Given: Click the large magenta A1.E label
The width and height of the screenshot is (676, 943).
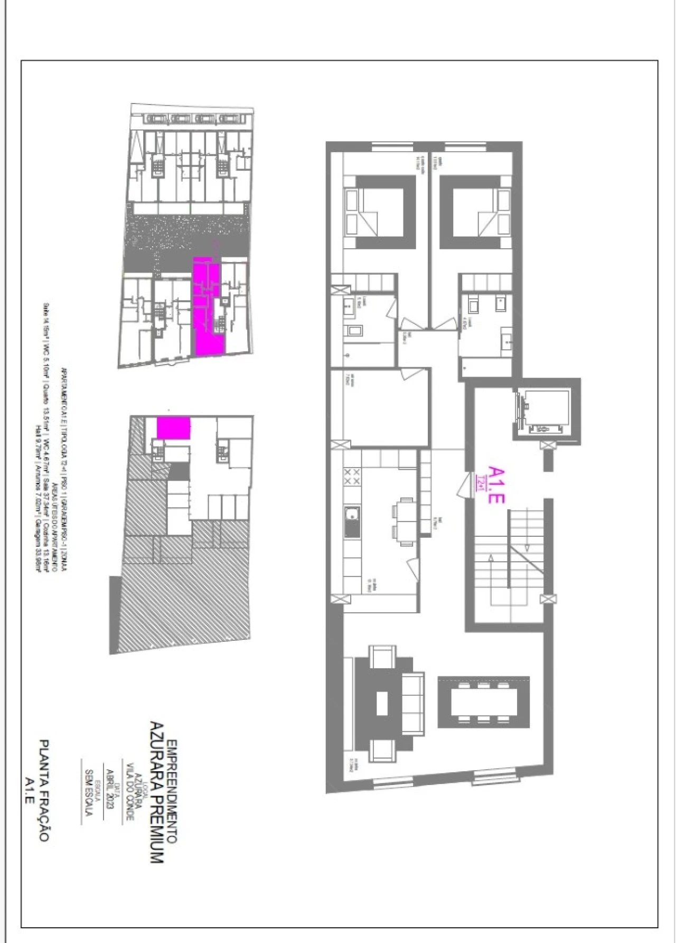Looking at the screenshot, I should pos(496,484).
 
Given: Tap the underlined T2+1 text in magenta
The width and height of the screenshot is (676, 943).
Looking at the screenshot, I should pos(480,482).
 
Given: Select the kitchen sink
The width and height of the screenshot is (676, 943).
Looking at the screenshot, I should pos(351,521).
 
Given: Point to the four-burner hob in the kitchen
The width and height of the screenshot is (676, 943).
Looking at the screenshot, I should pos(352,477).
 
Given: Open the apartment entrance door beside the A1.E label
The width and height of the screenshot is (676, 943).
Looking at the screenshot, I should pos(463,485).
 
